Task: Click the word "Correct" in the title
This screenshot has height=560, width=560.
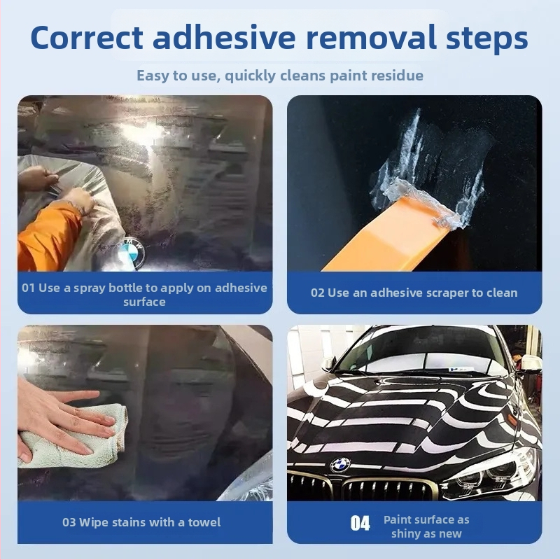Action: click(87, 38)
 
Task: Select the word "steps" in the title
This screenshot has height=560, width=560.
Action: click(486, 39)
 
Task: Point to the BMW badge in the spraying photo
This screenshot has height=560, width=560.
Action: click(132, 251)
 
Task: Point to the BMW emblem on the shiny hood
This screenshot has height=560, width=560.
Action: click(340, 465)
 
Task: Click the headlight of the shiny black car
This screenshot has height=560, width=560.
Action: click(496, 471)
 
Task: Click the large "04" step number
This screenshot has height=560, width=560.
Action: click(360, 523)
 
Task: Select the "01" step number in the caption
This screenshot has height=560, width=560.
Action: click(28, 288)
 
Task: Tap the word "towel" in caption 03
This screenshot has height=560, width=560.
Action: click(204, 522)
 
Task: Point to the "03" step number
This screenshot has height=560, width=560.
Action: click(69, 522)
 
